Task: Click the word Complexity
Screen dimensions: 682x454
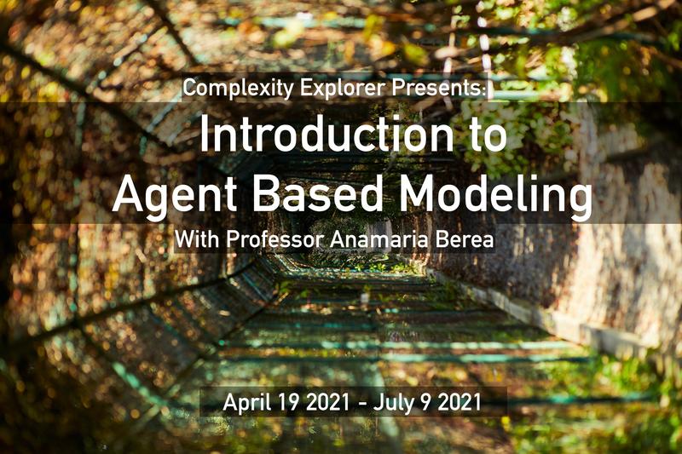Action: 239,89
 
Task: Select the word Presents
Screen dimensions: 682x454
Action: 436,88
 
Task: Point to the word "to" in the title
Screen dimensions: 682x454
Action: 487,135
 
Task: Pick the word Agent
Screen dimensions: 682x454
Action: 175,195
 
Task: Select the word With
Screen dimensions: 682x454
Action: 197,238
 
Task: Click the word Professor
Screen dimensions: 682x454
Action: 275,239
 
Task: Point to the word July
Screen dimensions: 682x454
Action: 394,403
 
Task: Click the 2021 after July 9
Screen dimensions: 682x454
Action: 459,402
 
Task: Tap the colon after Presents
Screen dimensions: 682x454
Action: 483,90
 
